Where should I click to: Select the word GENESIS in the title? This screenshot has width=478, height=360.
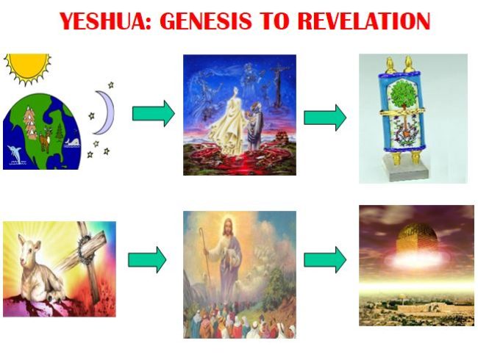point(213,22)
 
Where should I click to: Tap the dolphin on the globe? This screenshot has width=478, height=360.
point(18,154)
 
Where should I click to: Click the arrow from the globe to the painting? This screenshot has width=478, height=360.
point(152,114)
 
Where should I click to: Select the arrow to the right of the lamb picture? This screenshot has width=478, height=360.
point(147,259)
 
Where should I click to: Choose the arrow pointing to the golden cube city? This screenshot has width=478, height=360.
point(324,259)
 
